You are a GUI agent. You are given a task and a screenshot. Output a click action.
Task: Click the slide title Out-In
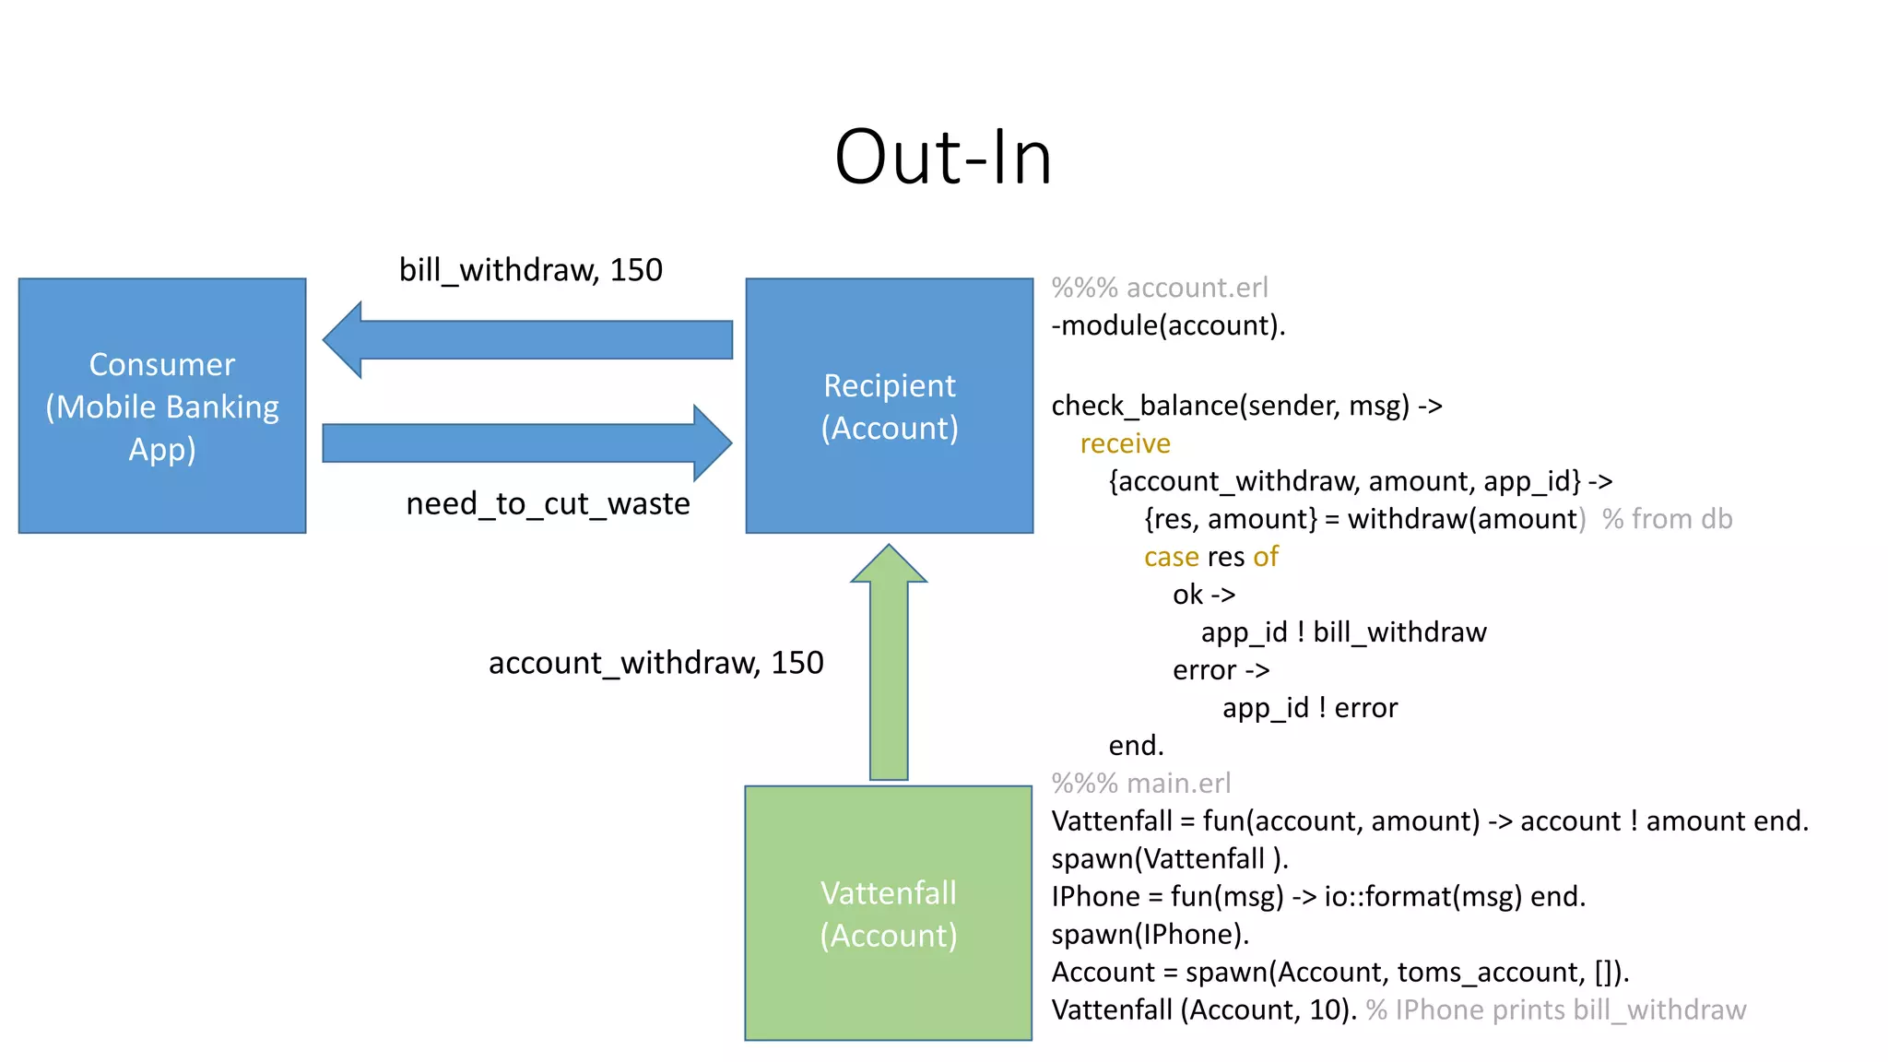[x=943, y=158]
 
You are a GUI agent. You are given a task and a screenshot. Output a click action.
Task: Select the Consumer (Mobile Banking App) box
[x=162, y=406]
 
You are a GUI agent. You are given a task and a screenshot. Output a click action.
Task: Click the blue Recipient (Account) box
[x=889, y=406]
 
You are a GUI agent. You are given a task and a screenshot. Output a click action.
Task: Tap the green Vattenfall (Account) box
[x=888, y=913]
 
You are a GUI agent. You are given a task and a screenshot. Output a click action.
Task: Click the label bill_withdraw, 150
[x=530, y=270]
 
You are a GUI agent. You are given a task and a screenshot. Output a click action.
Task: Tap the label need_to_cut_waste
[x=548, y=504]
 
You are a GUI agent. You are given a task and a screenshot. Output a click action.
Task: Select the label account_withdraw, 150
[x=655, y=663]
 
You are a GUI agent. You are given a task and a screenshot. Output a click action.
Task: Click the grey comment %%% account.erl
[x=1160, y=288]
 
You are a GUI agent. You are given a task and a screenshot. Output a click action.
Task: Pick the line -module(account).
[x=1168, y=325]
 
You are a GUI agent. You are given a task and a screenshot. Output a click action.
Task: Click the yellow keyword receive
[x=1125, y=443]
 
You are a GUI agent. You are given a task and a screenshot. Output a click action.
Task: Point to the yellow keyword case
[x=1171, y=557]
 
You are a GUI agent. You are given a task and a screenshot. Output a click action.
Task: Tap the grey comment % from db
[x=1667, y=519]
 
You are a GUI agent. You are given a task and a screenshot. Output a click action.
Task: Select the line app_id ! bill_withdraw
[x=1343, y=632]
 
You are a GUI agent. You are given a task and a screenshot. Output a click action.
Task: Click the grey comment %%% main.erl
[x=1140, y=784]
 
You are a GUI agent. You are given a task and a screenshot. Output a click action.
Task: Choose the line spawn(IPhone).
[x=1150, y=935]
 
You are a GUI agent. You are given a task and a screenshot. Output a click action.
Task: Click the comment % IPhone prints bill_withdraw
[x=1556, y=1010]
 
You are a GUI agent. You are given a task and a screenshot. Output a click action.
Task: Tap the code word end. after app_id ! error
[x=1136, y=745]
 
